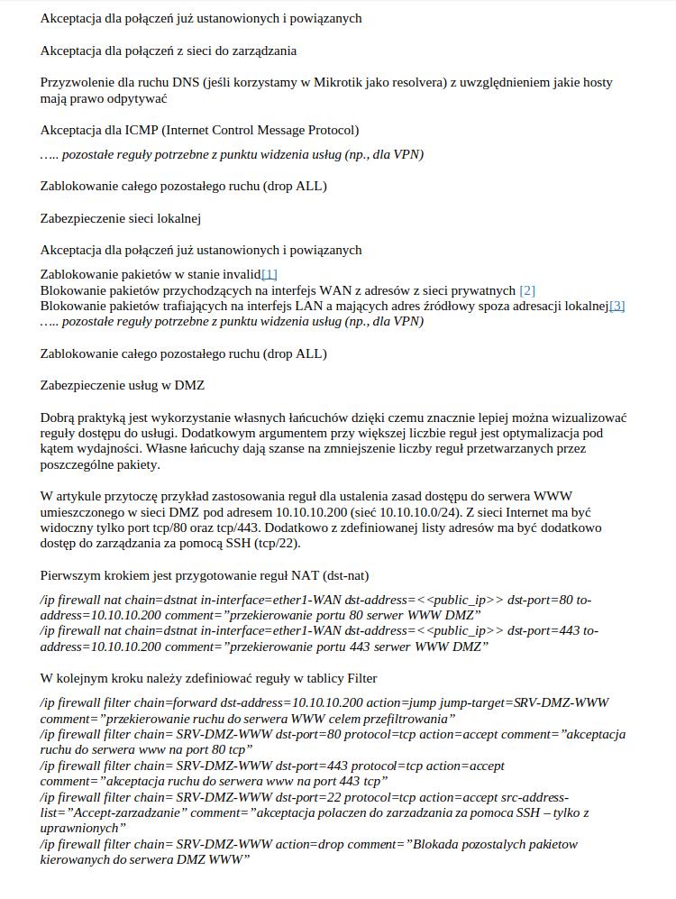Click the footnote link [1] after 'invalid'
[269, 274]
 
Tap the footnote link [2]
[527, 290]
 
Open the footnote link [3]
[617, 307]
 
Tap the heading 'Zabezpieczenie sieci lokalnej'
[120, 218]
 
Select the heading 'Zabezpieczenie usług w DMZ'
[123, 385]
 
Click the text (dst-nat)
[345, 575]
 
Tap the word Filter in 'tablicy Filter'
[359, 678]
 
